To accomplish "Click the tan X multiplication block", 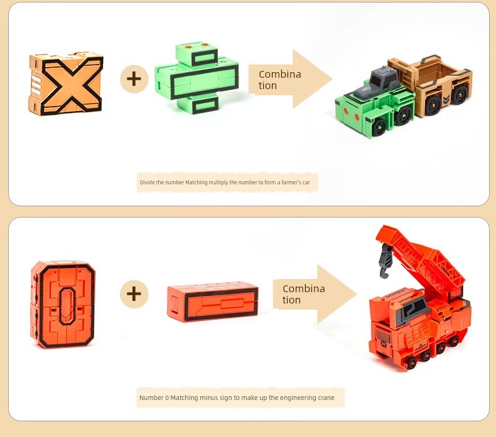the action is click(x=66, y=84).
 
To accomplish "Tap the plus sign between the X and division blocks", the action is click(x=134, y=79).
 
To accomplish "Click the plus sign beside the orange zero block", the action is click(x=134, y=294).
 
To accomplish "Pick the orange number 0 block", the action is click(x=63, y=305).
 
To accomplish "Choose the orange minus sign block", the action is click(x=213, y=302).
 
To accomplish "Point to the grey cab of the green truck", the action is click(x=377, y=82).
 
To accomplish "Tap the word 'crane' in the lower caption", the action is click(x=326, y=398).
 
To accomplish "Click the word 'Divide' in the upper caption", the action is click(x=147, y=182).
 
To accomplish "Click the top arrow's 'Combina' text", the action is click(x=279, y=74).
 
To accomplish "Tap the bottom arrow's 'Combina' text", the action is click(x=304, y=288).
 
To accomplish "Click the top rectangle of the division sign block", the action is click(x=204, y=58).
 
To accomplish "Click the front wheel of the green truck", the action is click(x=379, y=128).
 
